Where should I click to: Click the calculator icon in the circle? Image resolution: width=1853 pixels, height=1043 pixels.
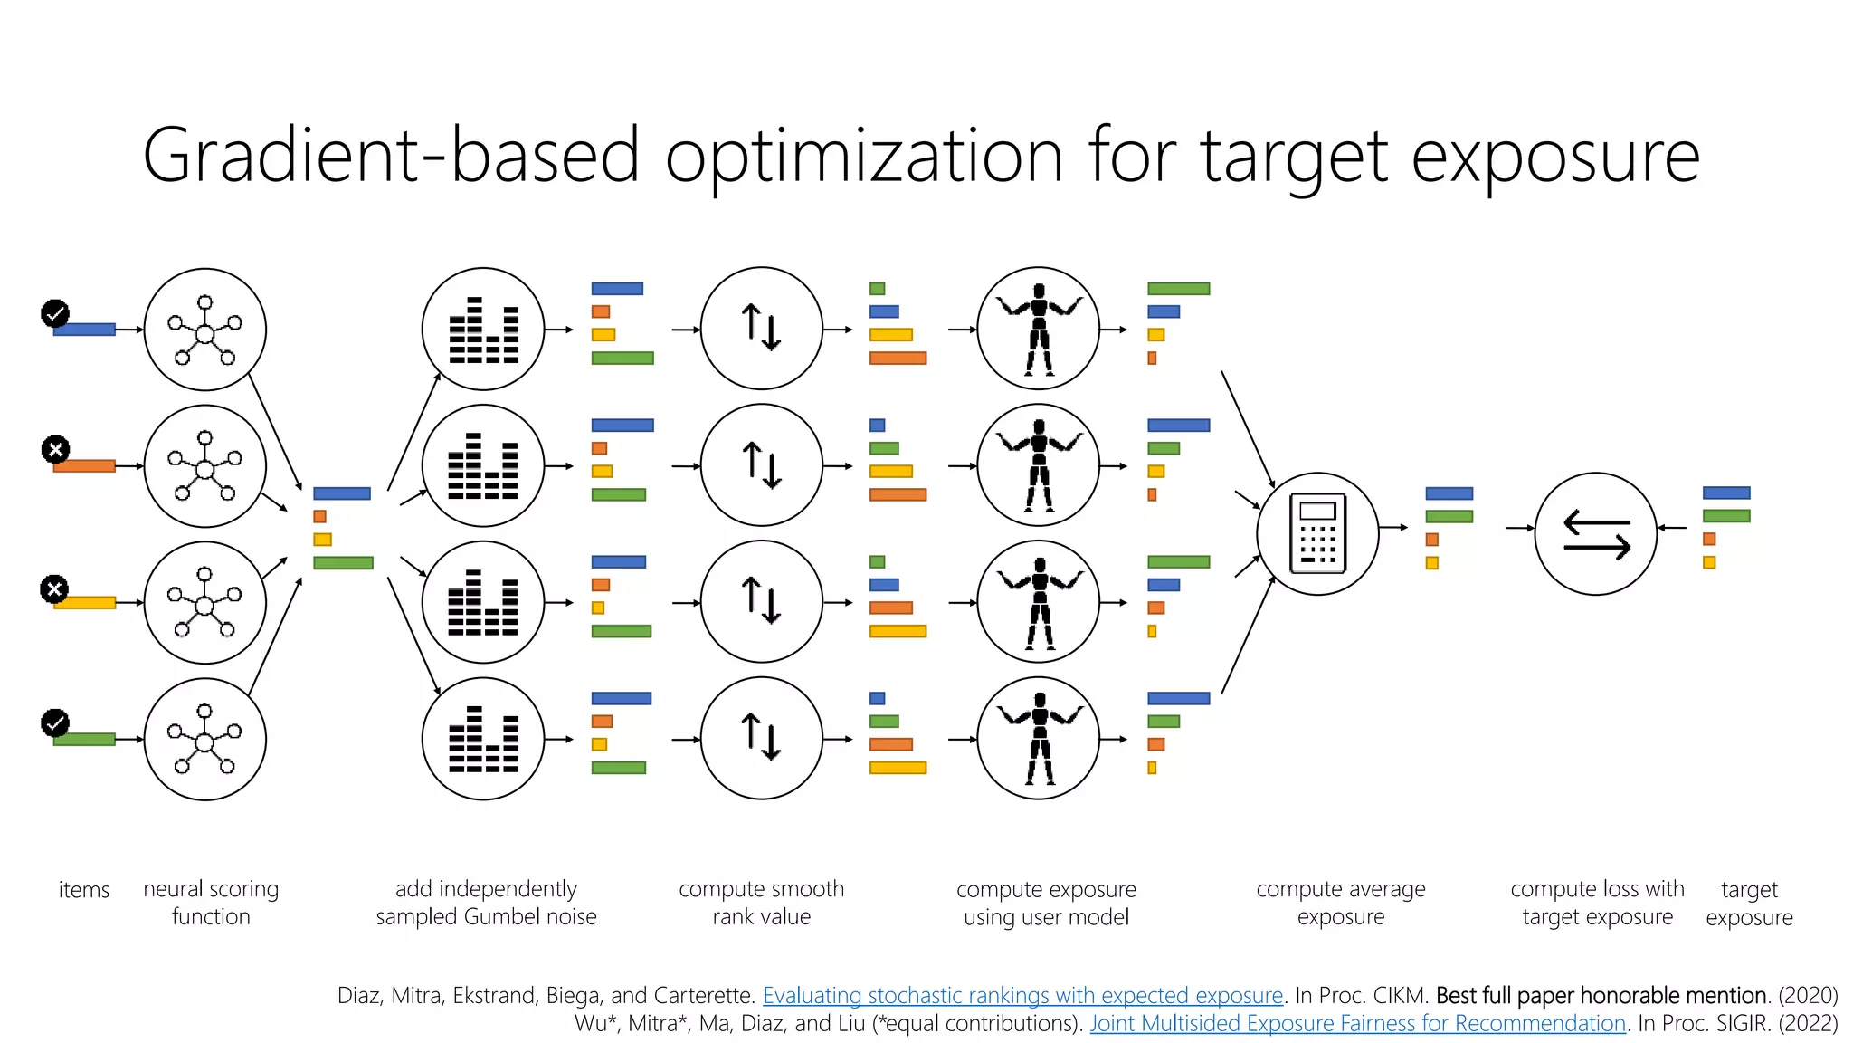(1317, 533)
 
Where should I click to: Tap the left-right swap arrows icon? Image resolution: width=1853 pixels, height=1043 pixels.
(1596, 534)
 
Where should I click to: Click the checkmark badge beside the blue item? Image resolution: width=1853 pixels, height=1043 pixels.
(55, 313)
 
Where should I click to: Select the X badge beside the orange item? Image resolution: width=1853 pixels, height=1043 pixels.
(55, 449)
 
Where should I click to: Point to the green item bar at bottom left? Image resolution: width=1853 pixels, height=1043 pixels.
(84, 740)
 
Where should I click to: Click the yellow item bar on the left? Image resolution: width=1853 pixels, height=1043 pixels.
(84, 603)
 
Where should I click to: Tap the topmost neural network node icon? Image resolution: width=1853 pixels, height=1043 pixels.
(205, 330)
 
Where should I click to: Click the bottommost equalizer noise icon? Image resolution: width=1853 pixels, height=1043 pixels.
(484, 739)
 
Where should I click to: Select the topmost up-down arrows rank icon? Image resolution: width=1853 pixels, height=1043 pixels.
(761, 328)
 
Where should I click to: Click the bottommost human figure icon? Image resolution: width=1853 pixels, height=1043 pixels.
(1039, 739)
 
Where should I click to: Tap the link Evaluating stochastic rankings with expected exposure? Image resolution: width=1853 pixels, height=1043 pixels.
(1022, 996)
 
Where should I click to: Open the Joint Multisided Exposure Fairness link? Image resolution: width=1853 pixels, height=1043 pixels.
(1357, 1024)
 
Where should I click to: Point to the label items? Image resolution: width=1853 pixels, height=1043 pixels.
(83, 890)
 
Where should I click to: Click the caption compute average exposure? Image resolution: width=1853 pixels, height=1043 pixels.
(1340, 903)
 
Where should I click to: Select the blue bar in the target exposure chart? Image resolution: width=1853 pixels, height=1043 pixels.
(1725, 493)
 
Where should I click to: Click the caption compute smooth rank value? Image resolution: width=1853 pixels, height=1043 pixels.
(761, 903)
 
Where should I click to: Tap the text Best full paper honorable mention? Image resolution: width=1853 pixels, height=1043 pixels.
(1601, 996)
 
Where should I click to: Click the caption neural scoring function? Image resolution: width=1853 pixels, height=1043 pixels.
(211, 903)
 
